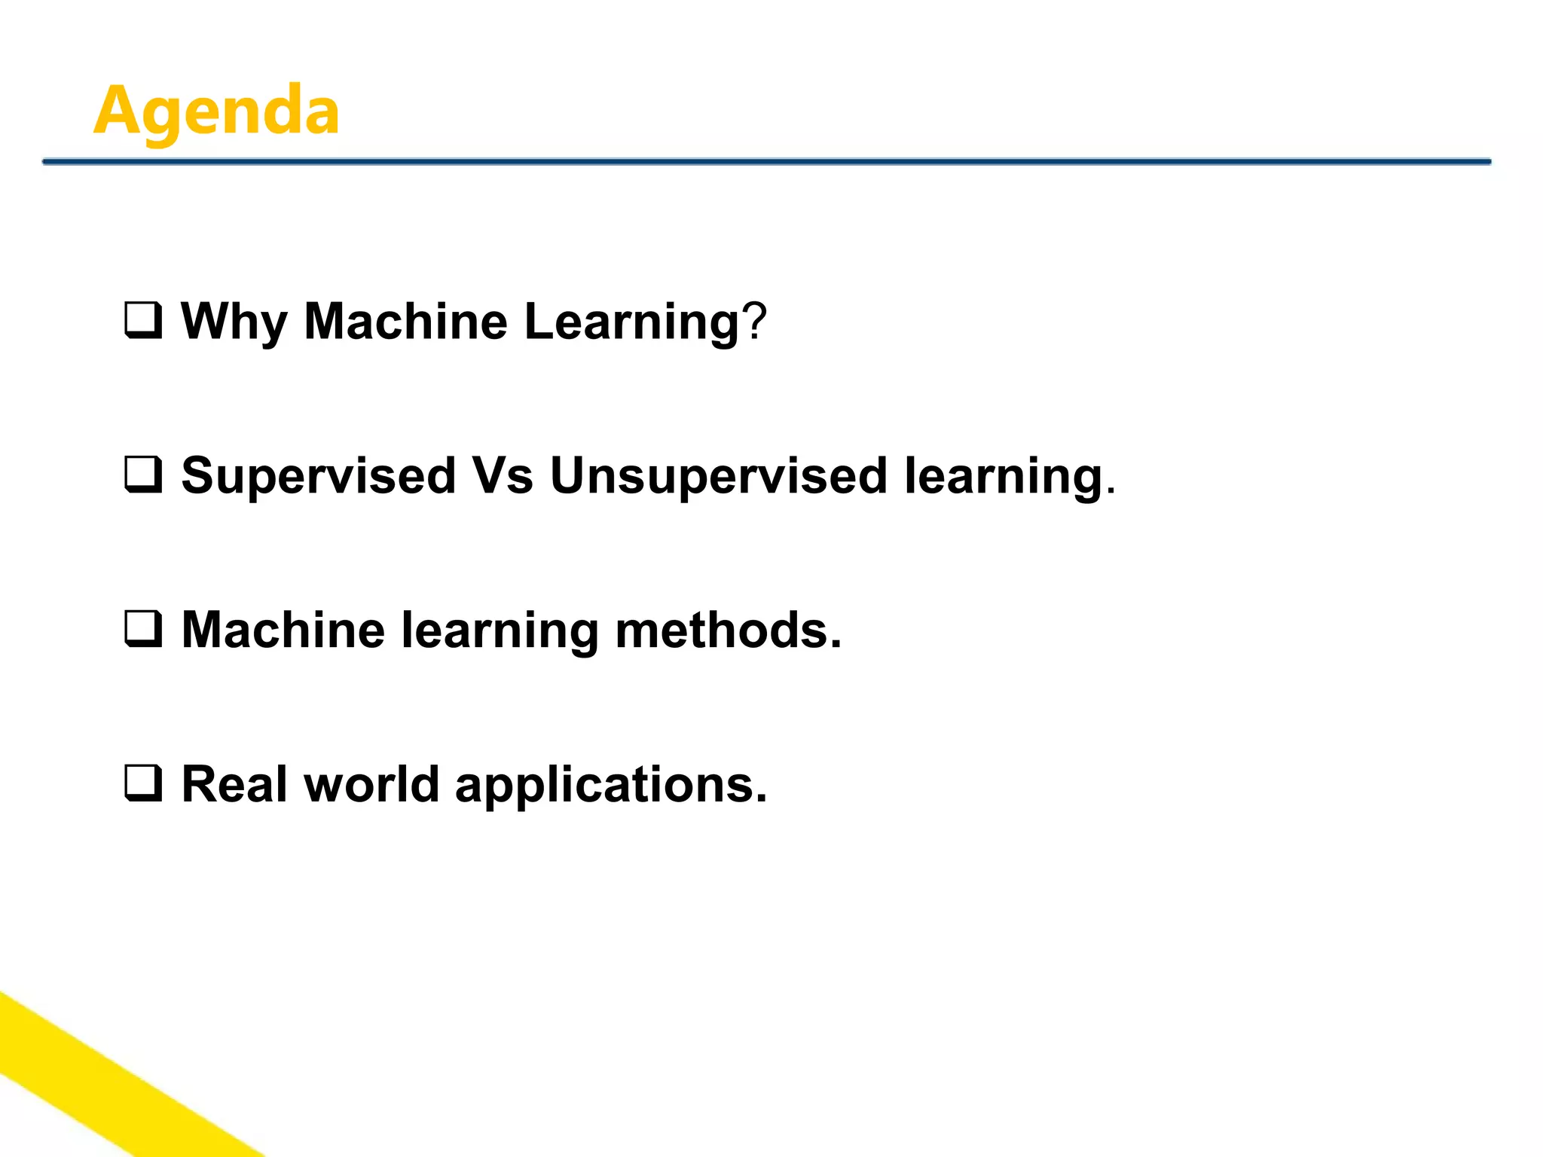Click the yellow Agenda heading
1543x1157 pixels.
pos(216,111)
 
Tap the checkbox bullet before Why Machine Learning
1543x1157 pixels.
pos(142,321)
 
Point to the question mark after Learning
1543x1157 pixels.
pos(754,322)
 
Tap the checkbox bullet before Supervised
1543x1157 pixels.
pos(142,475)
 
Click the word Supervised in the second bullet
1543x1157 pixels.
pos(319,477)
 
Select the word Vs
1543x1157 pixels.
pos(503,476)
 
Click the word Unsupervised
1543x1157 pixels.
pos(719,477)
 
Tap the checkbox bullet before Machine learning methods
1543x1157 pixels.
pos(142,630)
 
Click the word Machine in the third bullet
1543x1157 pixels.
pos(283,630)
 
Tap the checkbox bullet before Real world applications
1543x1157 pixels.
pos(142,783)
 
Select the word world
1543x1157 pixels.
pos(371,784)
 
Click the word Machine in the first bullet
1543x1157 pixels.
pos(405,322)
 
